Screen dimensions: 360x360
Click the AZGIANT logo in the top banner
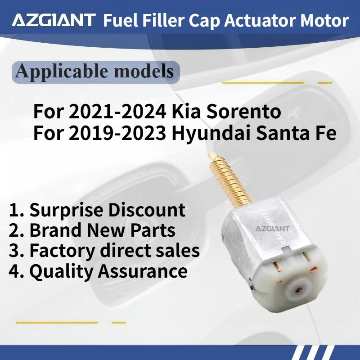pyautogui.click(x=54, y=20)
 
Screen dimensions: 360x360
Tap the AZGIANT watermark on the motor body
pyautogui.click(x=273, y=228)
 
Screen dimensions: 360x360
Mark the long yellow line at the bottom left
pyautogui.click(x=57, y=322)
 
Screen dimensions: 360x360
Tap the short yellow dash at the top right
pyautogui.click(x=324, y=83)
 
